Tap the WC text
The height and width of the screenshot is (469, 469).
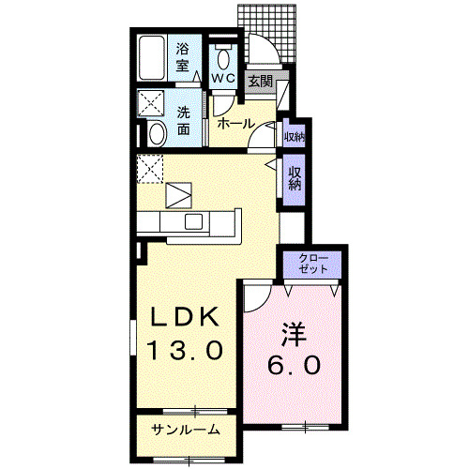222,78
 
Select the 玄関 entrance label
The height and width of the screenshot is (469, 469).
259,82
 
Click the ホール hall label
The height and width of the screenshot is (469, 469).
234,124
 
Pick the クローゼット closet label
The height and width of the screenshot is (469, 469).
313,263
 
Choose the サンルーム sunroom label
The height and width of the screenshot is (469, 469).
187,431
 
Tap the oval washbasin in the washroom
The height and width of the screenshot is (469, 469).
156,132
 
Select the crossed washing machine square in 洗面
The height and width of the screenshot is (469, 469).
151,102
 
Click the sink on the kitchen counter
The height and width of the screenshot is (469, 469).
194,221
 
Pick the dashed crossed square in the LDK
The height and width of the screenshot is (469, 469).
151,169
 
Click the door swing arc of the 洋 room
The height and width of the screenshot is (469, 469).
253,298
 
